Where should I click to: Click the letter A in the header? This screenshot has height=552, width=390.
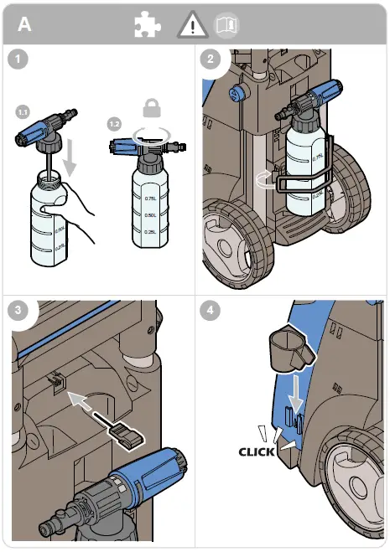25,23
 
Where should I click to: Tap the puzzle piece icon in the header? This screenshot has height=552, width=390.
148,25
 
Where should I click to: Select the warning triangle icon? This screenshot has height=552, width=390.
192,26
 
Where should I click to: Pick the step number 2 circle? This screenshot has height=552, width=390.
211,59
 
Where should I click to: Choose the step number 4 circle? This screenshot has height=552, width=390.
211,308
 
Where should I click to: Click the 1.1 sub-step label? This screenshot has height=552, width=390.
23,111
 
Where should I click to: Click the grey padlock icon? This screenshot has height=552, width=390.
152,107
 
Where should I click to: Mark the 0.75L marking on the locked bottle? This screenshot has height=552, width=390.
150,199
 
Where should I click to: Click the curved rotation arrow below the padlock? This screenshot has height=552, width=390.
152,134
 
